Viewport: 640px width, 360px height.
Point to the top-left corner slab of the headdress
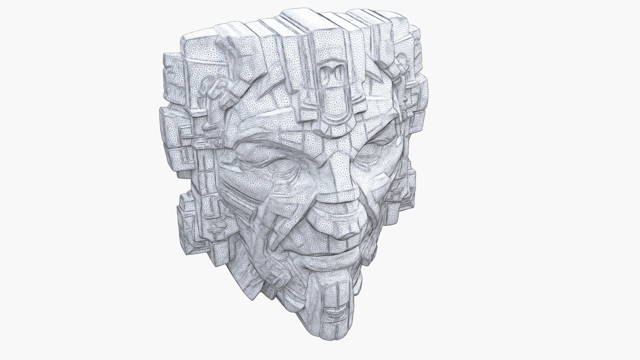(x=197, y=43)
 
